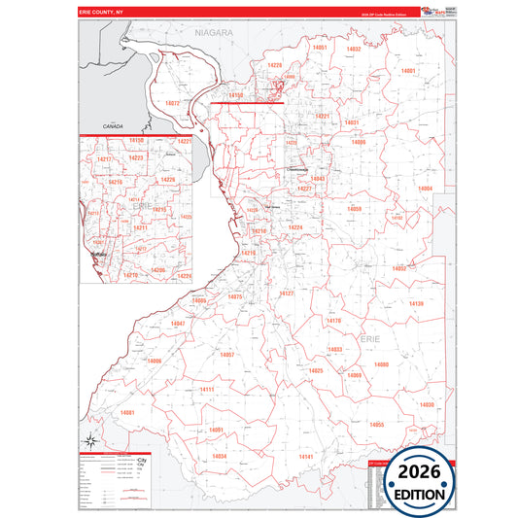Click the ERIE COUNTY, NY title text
pos(101,13)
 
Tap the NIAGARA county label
pos(214,32)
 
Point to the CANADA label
pos(116,126)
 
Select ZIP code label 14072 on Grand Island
pos(173,103)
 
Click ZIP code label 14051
pos(319,48)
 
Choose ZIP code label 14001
pos(408,71)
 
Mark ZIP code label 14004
pos(425,189)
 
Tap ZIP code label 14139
pos(416,304)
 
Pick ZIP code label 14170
pos(334,320)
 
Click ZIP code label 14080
pos(381,364)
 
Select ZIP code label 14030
pos(427,404)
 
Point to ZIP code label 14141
pos(305,456)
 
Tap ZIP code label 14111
pos(206,390)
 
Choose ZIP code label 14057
pos(226,355)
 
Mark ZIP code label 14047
pos(177,324)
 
